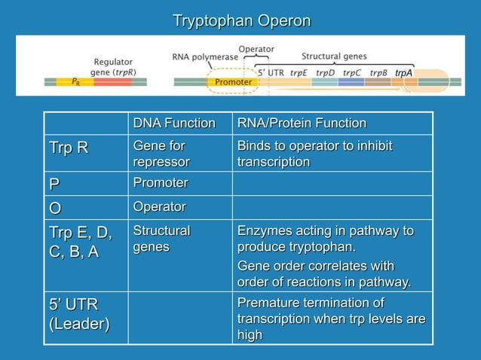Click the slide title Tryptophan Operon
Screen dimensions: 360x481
tap(241, 20)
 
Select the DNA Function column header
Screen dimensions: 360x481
tap(173, 124)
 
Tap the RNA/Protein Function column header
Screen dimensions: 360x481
tap(302, 124)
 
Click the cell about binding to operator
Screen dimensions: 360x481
tap(314, 153)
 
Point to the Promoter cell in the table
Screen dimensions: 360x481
tap(160, 183)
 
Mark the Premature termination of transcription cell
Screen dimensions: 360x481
tap(330, 319)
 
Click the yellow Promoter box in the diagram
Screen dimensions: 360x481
tap(234, 81)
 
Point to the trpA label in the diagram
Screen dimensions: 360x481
tap(404, 73)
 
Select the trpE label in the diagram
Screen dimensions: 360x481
tap(299, 73)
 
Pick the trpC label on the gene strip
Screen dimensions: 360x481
tap(352, 73)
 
